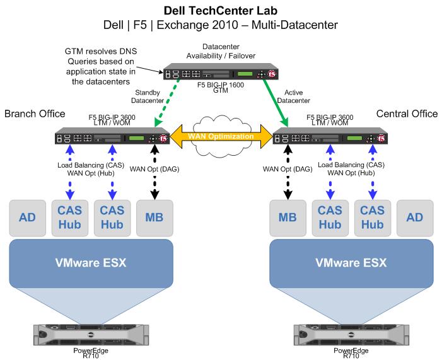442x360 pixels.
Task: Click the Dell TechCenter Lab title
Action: click(x=221, y=11)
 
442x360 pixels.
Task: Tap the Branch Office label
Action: click(x=35, y=113)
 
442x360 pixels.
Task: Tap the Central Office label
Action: click(x=407, y=113)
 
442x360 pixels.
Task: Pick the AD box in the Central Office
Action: click(x=415, y=218)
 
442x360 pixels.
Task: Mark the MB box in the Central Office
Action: click(x=288, y=218)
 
